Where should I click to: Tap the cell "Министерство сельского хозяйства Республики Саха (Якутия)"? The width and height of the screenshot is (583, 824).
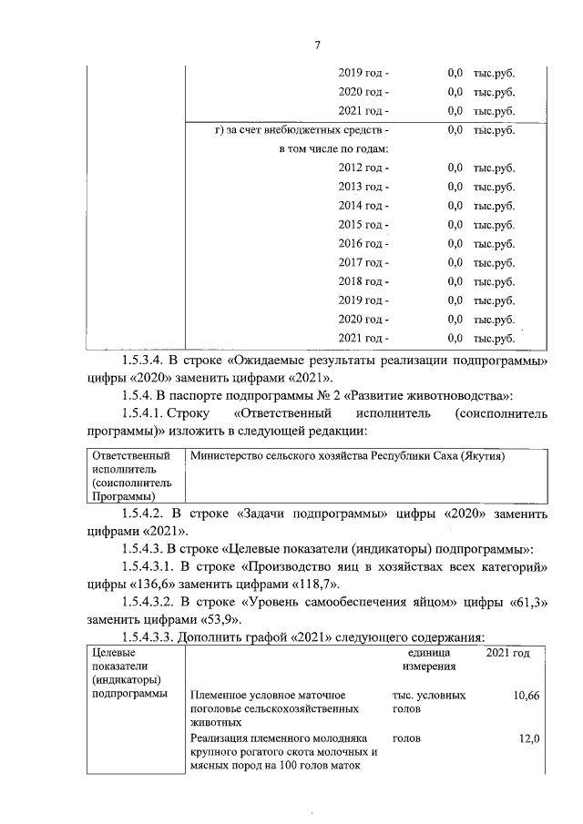(x=346, y=455)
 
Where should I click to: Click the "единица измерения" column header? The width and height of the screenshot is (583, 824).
(x=424, y=661)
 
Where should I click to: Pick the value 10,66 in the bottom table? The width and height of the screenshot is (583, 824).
(x=526, y=696)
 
